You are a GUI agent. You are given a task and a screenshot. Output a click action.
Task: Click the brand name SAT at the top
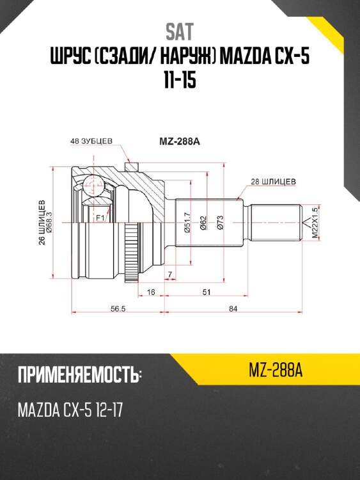click(x=180, y=32)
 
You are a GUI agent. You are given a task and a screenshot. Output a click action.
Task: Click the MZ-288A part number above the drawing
click(x=180, y=142)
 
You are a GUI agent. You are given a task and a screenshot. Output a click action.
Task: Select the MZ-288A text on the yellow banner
click(x=274, y=371)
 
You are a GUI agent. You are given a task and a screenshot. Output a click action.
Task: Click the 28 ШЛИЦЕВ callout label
click(x=273, y=181)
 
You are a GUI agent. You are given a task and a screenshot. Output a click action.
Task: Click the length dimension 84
click(x=233, y=309)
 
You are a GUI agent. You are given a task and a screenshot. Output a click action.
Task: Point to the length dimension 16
click(x=151, y=292)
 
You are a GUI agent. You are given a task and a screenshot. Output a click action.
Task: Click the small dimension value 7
click(x=169, y=275)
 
